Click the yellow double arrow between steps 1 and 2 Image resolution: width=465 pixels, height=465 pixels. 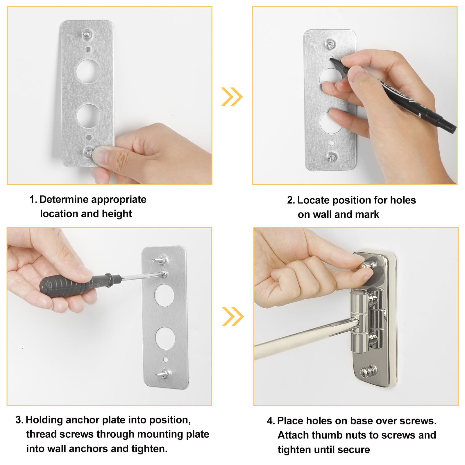tap(232, 96)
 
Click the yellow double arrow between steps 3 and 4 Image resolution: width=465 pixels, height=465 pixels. tap(233, 316)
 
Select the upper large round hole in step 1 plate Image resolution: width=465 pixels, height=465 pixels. tap(88, 71)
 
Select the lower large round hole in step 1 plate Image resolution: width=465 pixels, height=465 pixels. tap(88, 116)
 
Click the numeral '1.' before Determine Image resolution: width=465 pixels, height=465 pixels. tap(33, 199)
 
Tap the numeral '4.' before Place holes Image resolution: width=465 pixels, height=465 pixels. tap(271, 421)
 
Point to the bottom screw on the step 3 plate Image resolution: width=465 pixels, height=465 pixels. tap(163, 373)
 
